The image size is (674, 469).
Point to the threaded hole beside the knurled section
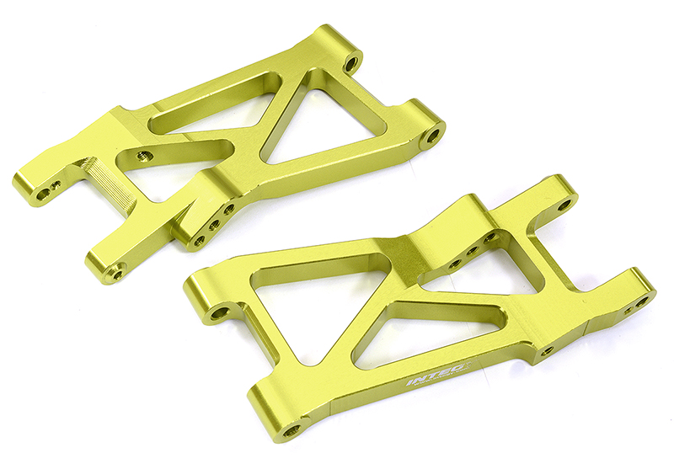tap(144, 155)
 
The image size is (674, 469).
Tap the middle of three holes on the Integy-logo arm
tap(473, 250)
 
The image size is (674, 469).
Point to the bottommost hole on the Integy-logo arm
tap(292, 429)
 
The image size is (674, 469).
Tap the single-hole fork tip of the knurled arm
tap(114, 269)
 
